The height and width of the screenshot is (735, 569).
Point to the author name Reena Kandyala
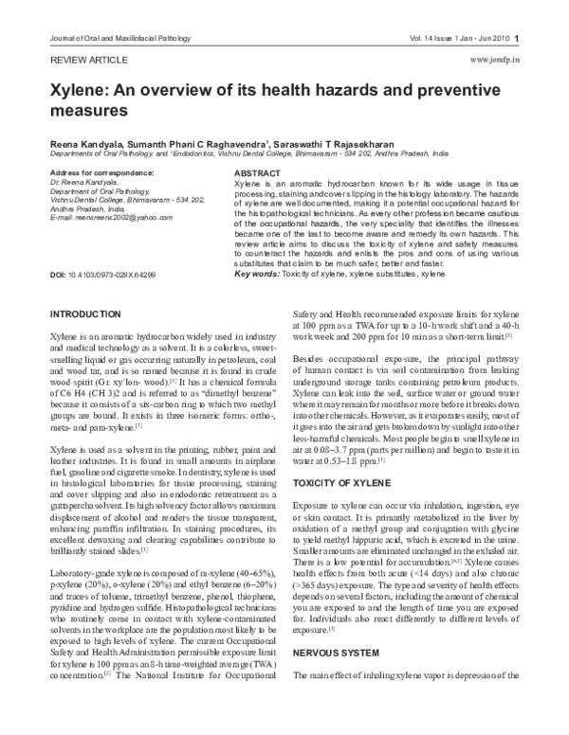tap(83, 138)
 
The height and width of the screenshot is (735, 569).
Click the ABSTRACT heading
tap(257, 174)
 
